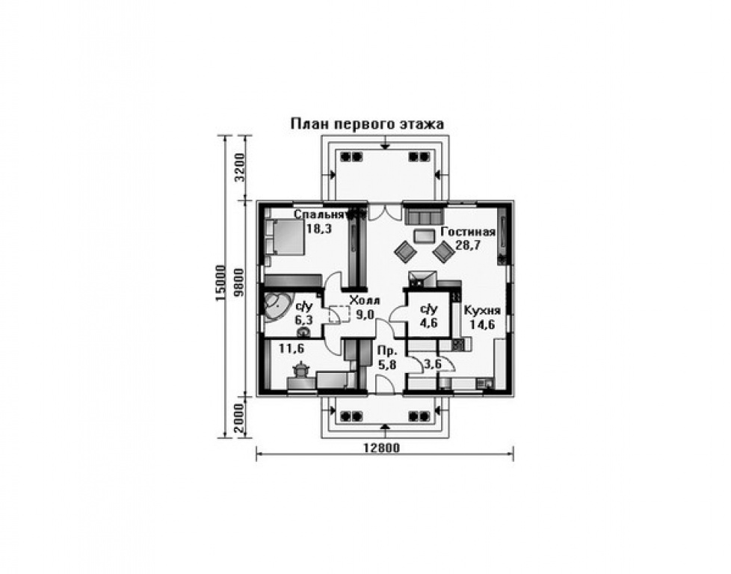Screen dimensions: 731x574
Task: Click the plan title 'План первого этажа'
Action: point(367,124)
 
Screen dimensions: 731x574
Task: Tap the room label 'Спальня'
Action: point(319,215)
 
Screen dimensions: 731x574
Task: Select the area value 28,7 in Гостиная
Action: point(468,245)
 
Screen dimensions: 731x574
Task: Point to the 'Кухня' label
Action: point(482,311)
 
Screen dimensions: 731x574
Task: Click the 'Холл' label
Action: point(365,300)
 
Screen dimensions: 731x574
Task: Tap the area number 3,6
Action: point(432,364)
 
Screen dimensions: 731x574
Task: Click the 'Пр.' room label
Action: point(387,351)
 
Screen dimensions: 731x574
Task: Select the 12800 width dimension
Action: point(381,448)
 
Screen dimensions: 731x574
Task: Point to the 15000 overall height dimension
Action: point(220,283)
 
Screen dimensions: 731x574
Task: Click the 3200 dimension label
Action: point(239,168)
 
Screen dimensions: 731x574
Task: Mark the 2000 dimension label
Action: point(239,419)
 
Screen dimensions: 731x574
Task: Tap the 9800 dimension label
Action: point(239,283)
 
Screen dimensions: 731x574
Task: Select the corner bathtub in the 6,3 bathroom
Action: point(278,306)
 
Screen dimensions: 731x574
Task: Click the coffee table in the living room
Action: point(423,236)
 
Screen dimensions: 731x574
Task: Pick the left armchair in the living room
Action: point(405,251)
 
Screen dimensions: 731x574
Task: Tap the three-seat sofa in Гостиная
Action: point(423,217)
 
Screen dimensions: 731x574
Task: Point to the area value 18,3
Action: point(319,229)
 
